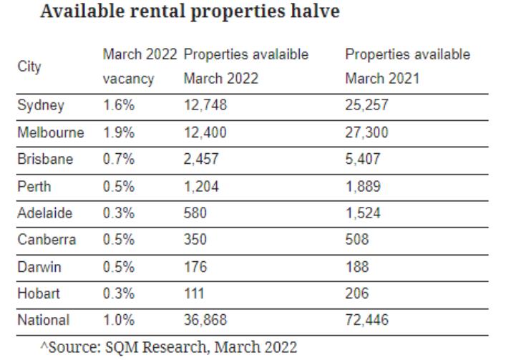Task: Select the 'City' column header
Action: click(29, 67)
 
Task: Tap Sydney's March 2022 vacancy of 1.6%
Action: click(117, 105)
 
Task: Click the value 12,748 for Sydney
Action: click(204, 105)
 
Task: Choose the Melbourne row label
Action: click(50, 132)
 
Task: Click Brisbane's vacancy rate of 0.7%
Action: click(117, 160)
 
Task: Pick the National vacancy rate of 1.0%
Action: click(117, 320)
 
